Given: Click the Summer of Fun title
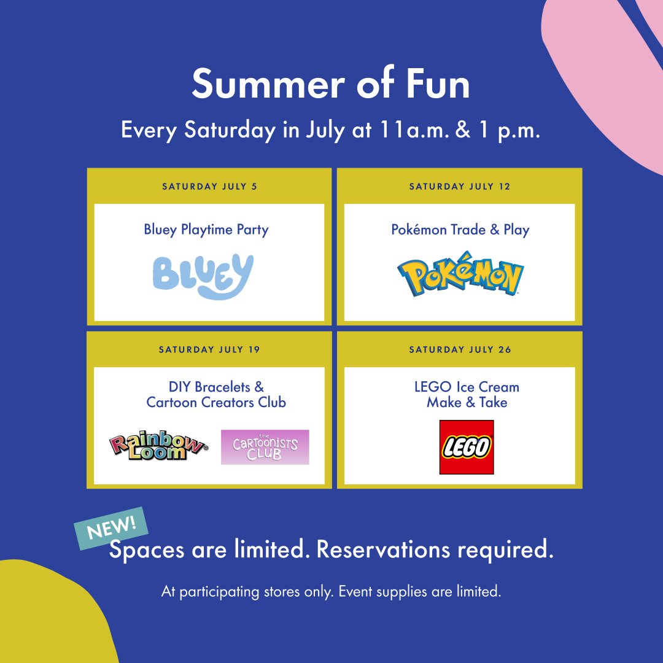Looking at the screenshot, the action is pyautogui.click(x=331, y=83).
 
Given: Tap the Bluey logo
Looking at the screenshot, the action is pyautogui.click(x=203, y=276).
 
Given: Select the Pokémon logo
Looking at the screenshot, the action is pyautogui.click(x=460, y=274).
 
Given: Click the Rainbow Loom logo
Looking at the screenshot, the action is pyautogui.click(x=158, y=446).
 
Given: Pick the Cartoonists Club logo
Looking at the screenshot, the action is pyautogui.click(x=265, y=448).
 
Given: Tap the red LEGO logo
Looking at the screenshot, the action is pyautogui.click(x=467, y=447).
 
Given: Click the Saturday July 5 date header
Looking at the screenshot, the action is pyautogui.click(x=210, y=187).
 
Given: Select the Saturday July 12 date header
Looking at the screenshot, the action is pyautogui.click(x=460, y=187).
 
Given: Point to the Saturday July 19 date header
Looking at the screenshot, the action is pyautogui.click(x=209, y=350).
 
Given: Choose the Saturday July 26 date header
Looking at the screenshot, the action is pyautogui.click(x=460, y=350).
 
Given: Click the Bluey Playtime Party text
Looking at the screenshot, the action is pyautogui.click(x=206, y=230).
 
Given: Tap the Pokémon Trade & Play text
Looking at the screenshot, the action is pyautogui.click(x=460, y=230).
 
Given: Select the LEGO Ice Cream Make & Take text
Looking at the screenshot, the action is pyautogui.click(x=467, y=395).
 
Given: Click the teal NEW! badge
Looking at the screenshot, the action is pyautogui.click(x=111, y=528).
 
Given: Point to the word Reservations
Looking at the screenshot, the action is pyautogui.click(x=383, y=549).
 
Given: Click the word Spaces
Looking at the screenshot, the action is pyautogui.click(x=147, y=549).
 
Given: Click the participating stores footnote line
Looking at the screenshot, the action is pyautogui.click(x=331, y=591).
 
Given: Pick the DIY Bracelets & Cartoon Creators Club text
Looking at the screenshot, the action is pyautogui.click(x=216, y=395).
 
